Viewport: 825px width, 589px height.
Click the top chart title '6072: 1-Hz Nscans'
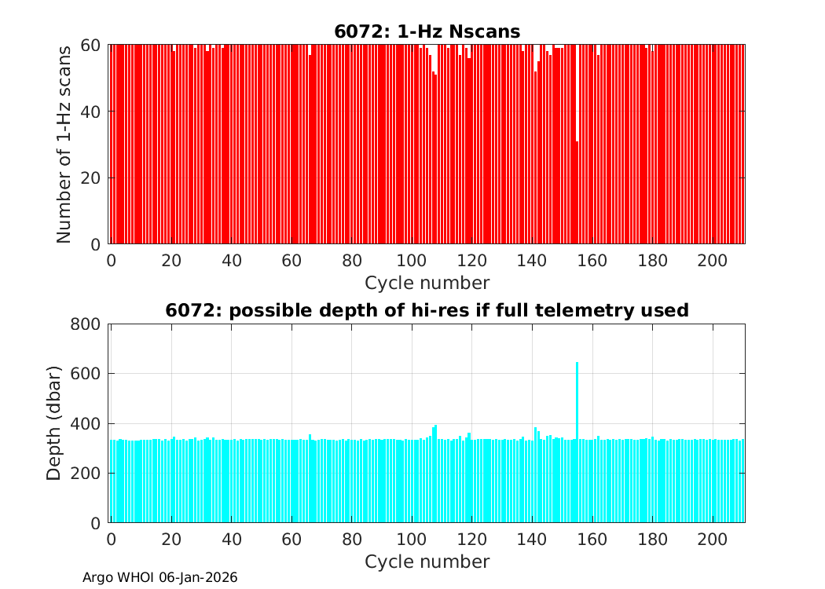(x=427, y=31)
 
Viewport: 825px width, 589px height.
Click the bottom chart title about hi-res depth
(x=427, y=310)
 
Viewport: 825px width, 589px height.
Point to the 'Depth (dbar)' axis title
(x=54, y=423)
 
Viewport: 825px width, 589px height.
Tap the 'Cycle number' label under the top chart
(x=427, y=283)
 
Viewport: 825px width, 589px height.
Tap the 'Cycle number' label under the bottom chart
(x=427, y=562)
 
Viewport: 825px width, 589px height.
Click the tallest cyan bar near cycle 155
(x=577, y=440)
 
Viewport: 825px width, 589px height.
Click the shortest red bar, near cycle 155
(x=577, y=192)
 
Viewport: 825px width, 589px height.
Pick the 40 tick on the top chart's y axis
(x=92, y=111)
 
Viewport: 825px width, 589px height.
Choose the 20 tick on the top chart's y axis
(x=92, y=177)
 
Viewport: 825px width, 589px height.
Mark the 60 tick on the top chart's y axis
(x=92, y=45)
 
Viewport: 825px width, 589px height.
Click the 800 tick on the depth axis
(x=87, y=324)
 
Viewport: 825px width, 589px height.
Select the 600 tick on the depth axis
(x=87, y=374)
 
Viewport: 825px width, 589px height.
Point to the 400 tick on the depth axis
(x=87, y=423)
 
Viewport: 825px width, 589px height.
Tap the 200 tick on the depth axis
(x=87, y=473)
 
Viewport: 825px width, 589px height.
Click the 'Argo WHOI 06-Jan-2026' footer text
(x=160, y=577)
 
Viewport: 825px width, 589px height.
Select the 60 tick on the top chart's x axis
(x=291, y=260)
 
